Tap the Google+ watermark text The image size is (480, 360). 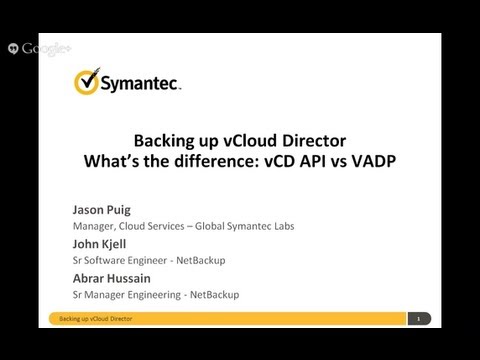pos(45,48)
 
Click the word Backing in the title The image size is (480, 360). pos(163,140)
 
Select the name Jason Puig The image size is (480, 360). pos(101,211)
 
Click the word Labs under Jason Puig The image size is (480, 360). pos(283,226)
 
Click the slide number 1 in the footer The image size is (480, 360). pos(417,319)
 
